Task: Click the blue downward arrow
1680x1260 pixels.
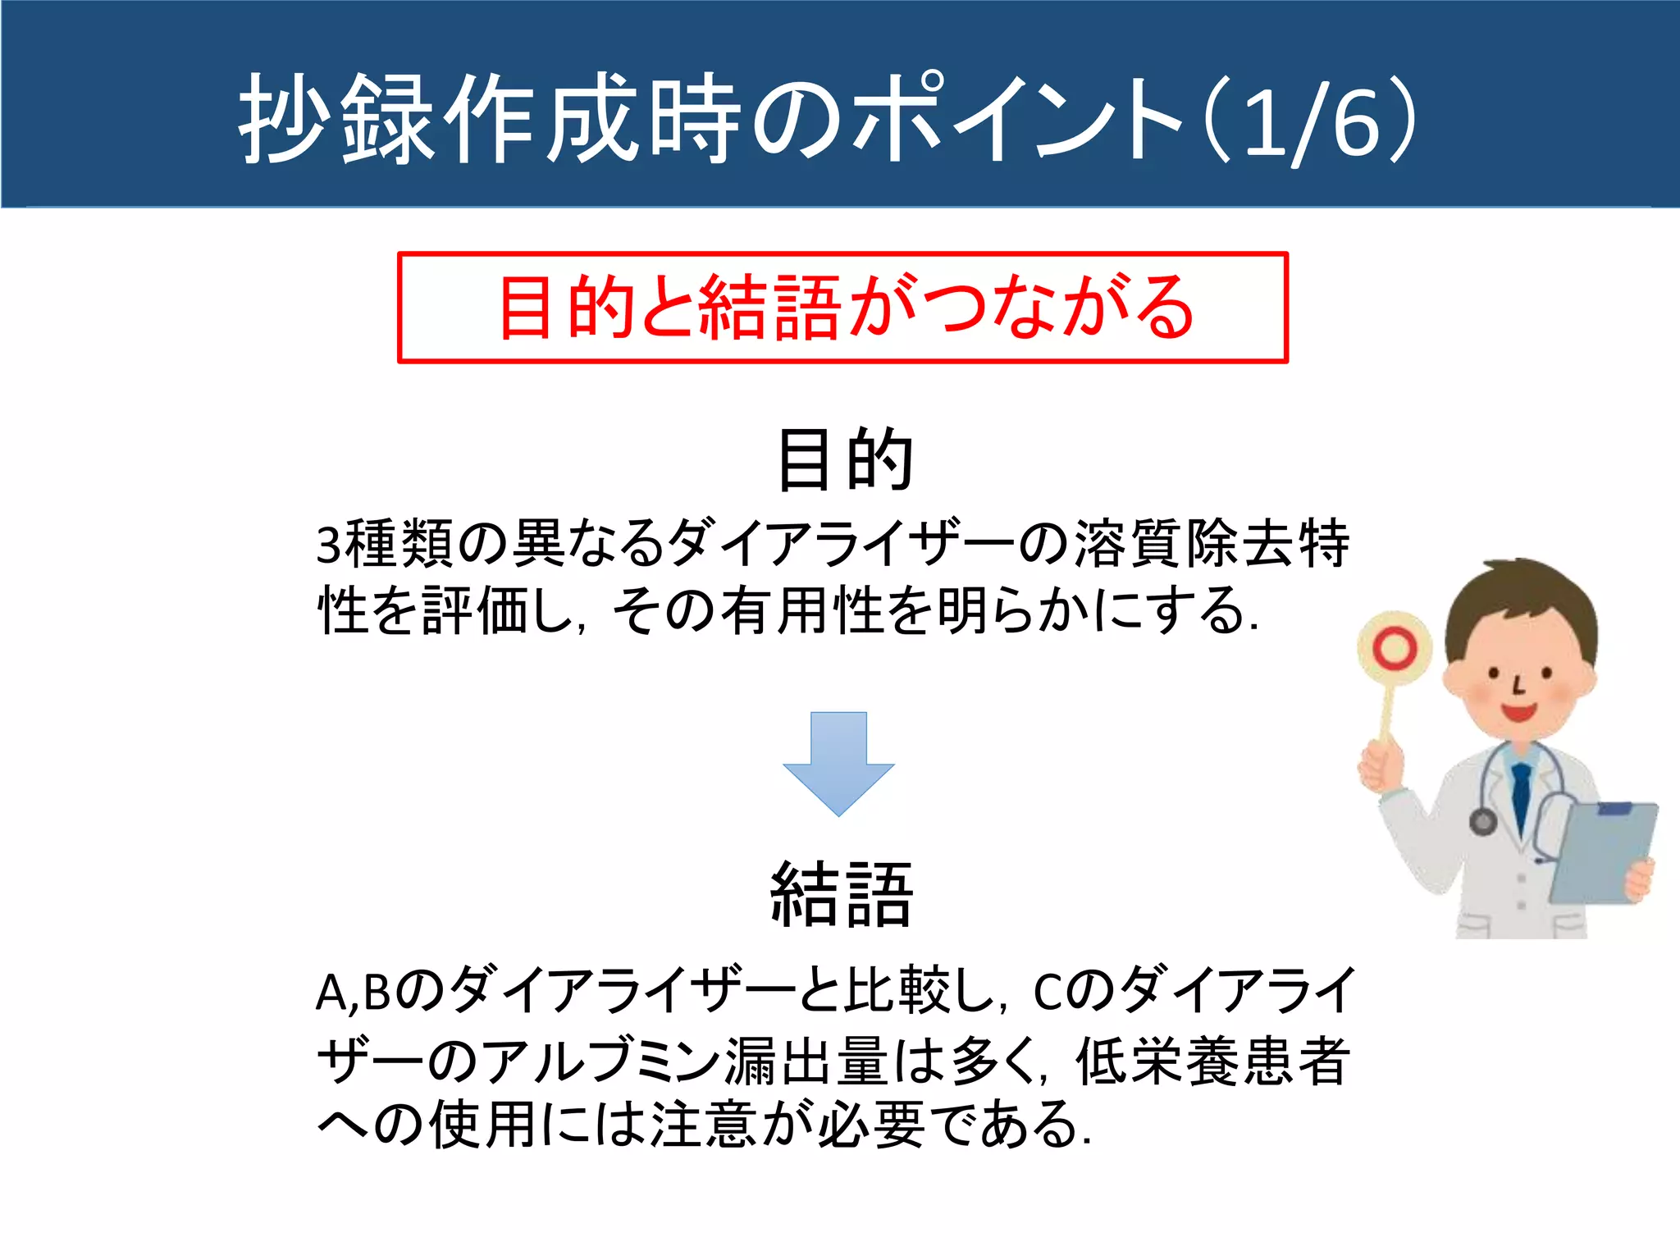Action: tap(838, 763)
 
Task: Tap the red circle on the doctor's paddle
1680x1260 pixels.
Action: tap(1395, 649)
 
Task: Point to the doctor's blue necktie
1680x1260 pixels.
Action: tap(1522, 796)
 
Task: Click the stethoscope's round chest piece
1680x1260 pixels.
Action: tap(1482, 821)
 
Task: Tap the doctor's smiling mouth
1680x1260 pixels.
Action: tap(1518, 710)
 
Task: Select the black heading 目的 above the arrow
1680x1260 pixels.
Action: tap(845, 460)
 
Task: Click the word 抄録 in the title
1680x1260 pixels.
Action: tap(336, 119)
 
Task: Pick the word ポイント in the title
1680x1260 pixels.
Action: tap(1017, 119)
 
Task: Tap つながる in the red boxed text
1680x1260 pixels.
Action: tap(1058, 308)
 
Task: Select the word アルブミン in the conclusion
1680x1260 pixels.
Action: tap(599, 1061)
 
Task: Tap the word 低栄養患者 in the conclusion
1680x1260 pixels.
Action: tap(1212, 1061)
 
